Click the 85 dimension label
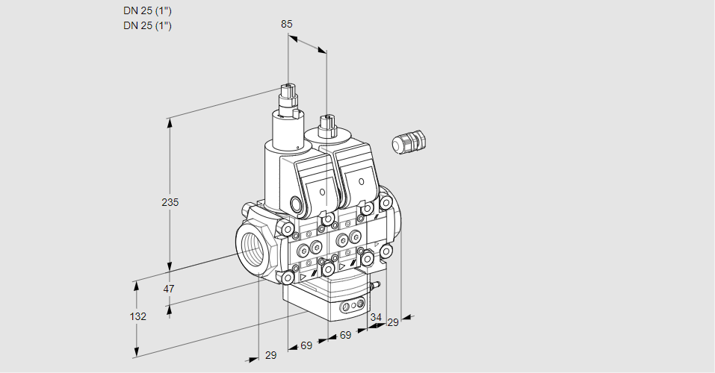(286, 24)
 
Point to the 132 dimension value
(137, 316)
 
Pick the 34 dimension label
(376, 317)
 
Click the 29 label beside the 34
(393, 322)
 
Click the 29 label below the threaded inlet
(270, 355)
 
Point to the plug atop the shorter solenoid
(326, 123)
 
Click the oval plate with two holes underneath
(352, 306)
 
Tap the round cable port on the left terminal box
(296, 204)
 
